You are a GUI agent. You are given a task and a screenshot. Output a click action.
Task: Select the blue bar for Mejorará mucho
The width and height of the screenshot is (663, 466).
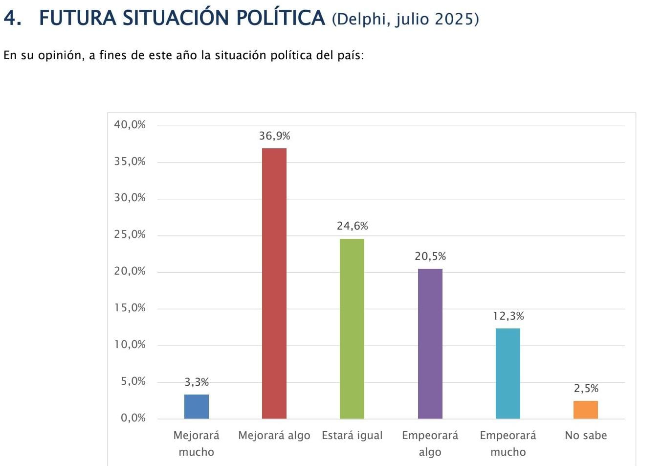pos(197,406)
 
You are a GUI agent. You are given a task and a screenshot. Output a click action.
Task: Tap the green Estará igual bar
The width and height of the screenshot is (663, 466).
pos(352,328)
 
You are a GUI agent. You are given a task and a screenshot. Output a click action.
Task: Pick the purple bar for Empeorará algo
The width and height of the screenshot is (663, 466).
pos(430,343)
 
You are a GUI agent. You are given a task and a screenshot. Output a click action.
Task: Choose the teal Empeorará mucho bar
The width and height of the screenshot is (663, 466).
pos(508,373)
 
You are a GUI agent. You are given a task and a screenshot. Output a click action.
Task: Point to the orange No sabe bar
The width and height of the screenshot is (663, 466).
pos(586,410)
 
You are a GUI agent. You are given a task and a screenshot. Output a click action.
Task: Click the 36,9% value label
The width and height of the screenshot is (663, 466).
pos(274,136)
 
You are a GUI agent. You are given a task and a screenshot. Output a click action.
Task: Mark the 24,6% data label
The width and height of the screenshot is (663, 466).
pos(352,226)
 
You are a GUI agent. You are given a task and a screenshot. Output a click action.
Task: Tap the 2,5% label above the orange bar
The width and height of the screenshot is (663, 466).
pos(586,389)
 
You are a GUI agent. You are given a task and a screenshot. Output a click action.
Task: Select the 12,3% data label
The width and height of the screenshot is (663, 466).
pos(508,316)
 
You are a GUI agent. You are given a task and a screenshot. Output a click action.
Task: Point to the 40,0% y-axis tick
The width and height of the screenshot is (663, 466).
pos(130,125)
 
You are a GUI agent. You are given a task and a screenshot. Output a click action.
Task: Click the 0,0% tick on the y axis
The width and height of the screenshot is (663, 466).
pos(133,418)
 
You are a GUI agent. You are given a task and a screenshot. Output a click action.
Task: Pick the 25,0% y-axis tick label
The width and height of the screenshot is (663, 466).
pos(130,234)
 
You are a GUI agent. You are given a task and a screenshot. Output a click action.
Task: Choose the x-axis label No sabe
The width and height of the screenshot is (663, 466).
pos(586,436)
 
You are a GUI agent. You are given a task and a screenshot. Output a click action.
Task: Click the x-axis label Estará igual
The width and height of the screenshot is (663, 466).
pos(352,436)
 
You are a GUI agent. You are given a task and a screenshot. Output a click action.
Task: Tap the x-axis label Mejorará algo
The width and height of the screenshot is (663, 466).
pos(274,436)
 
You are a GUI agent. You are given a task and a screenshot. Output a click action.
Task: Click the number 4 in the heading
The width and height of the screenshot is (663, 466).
pos(10,19)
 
